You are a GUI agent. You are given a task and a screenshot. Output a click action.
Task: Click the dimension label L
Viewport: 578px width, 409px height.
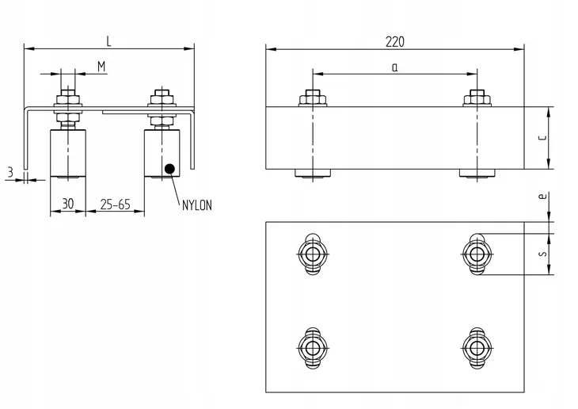click(108, 41)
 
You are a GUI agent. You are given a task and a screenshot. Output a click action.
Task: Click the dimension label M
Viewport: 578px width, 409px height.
click(101, 67)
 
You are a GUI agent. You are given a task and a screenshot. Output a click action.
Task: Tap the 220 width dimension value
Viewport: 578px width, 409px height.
click(395, 42)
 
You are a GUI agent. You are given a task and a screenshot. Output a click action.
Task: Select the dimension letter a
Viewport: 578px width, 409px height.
click(395, 67)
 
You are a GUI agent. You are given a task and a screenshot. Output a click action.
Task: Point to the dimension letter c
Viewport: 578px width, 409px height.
click(542, 138)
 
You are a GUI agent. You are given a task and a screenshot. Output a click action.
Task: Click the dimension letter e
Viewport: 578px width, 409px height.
click(542, 196)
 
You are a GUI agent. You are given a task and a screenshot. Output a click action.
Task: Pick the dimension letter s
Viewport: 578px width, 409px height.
click(542, 254)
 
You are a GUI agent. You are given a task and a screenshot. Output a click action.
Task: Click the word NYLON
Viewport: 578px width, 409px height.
click(197, 205)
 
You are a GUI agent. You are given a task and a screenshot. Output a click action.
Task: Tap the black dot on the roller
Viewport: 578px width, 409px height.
click(169, 169)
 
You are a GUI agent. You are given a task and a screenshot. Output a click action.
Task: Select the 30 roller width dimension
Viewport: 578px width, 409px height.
click(68, 204)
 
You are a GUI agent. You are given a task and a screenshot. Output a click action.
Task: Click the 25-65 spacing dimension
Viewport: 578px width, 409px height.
click(115, 204)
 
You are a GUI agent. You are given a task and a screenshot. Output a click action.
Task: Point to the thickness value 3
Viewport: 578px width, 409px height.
click(10, 172)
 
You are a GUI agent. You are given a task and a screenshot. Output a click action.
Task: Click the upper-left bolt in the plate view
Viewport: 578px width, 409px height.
click(313, 254)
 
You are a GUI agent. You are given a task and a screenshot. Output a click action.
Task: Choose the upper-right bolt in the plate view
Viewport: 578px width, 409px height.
click(477, 254)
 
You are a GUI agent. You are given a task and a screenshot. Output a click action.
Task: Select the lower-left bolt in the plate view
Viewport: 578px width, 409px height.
click(313, 348)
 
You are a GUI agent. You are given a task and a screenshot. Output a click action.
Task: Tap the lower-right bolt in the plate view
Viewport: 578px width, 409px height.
click(477, 348)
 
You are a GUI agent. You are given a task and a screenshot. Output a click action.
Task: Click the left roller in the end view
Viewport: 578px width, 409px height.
click(68, 154)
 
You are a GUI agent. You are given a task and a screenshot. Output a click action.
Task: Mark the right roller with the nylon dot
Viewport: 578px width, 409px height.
click(162, 154)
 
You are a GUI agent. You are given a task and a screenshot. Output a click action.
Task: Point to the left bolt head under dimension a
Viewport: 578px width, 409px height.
click(313, 98)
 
